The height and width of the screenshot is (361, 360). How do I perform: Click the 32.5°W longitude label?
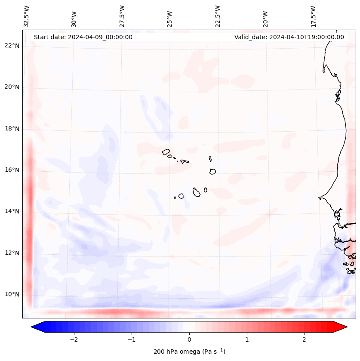(x=27, y=16)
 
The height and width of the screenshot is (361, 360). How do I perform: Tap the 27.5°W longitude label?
(x=122, y=16)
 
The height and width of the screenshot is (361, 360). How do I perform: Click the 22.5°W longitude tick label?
(x=218, y=16)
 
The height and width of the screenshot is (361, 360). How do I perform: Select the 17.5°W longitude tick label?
(x=313, y=16)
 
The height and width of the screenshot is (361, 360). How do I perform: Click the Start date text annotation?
(x=83, y=37)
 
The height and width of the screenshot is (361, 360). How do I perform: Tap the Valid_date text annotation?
(x=289, y=37)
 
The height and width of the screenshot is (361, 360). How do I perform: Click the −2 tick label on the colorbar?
(x=74, y=339)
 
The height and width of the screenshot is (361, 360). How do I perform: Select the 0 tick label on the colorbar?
(x=189, y=339)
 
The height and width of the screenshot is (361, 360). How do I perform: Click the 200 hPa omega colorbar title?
(x=189, y=352)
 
